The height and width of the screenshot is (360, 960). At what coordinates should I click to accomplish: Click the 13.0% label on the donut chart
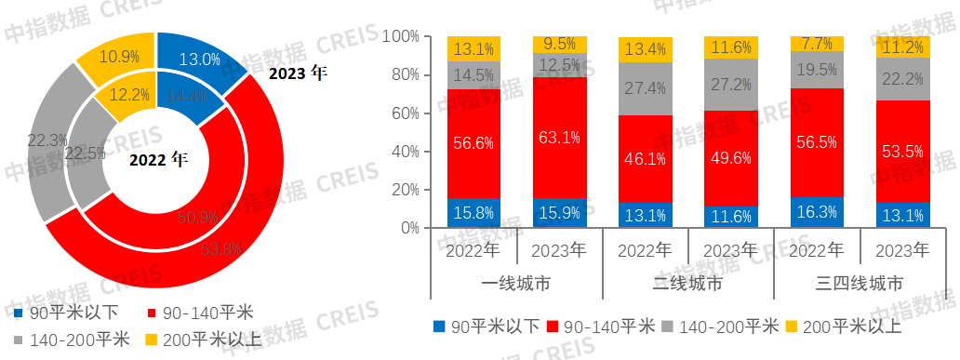click(x=200, y=60)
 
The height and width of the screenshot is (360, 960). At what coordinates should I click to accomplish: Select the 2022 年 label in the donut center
click(x=157, y=159)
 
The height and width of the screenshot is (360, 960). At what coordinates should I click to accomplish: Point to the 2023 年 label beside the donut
click(x=298, y=73)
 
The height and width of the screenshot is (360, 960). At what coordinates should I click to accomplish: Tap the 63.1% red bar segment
click(x=560, y=138)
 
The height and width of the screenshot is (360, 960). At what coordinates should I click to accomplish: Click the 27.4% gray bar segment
click(x=646, y=88)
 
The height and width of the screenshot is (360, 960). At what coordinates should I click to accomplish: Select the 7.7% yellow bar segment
click(x=817, y=44)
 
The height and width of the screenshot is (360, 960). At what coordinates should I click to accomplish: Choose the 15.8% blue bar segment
click(x=474, y=213)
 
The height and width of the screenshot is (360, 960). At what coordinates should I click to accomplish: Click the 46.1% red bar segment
click(x=646, y=158)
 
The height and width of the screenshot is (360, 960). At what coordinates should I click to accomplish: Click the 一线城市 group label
click(x=517, y=284)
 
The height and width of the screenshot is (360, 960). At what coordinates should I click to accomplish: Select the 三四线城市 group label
click(x=860, y=284)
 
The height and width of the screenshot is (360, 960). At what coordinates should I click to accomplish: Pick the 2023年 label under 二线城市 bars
click(x=731, y=250)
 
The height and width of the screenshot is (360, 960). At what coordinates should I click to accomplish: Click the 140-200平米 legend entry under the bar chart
click(x=727, y=326)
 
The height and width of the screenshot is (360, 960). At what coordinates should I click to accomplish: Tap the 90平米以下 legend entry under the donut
click(x=58, y=311)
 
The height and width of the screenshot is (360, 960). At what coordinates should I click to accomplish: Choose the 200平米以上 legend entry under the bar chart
click(x=845, y=326)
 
